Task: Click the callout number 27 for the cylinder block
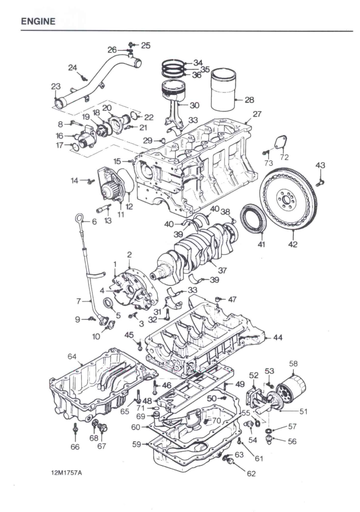[x=257, y=115]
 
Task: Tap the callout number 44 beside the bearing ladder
[x=278, y=338]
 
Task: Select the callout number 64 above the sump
[x=71, y=356]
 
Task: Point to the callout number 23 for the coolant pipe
[x=55, y=87]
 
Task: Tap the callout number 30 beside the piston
[x=194, y=105]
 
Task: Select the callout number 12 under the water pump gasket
[x=129, y=206]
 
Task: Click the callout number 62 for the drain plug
[x=251, y=474]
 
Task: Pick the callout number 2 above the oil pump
[x=129, y=254]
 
